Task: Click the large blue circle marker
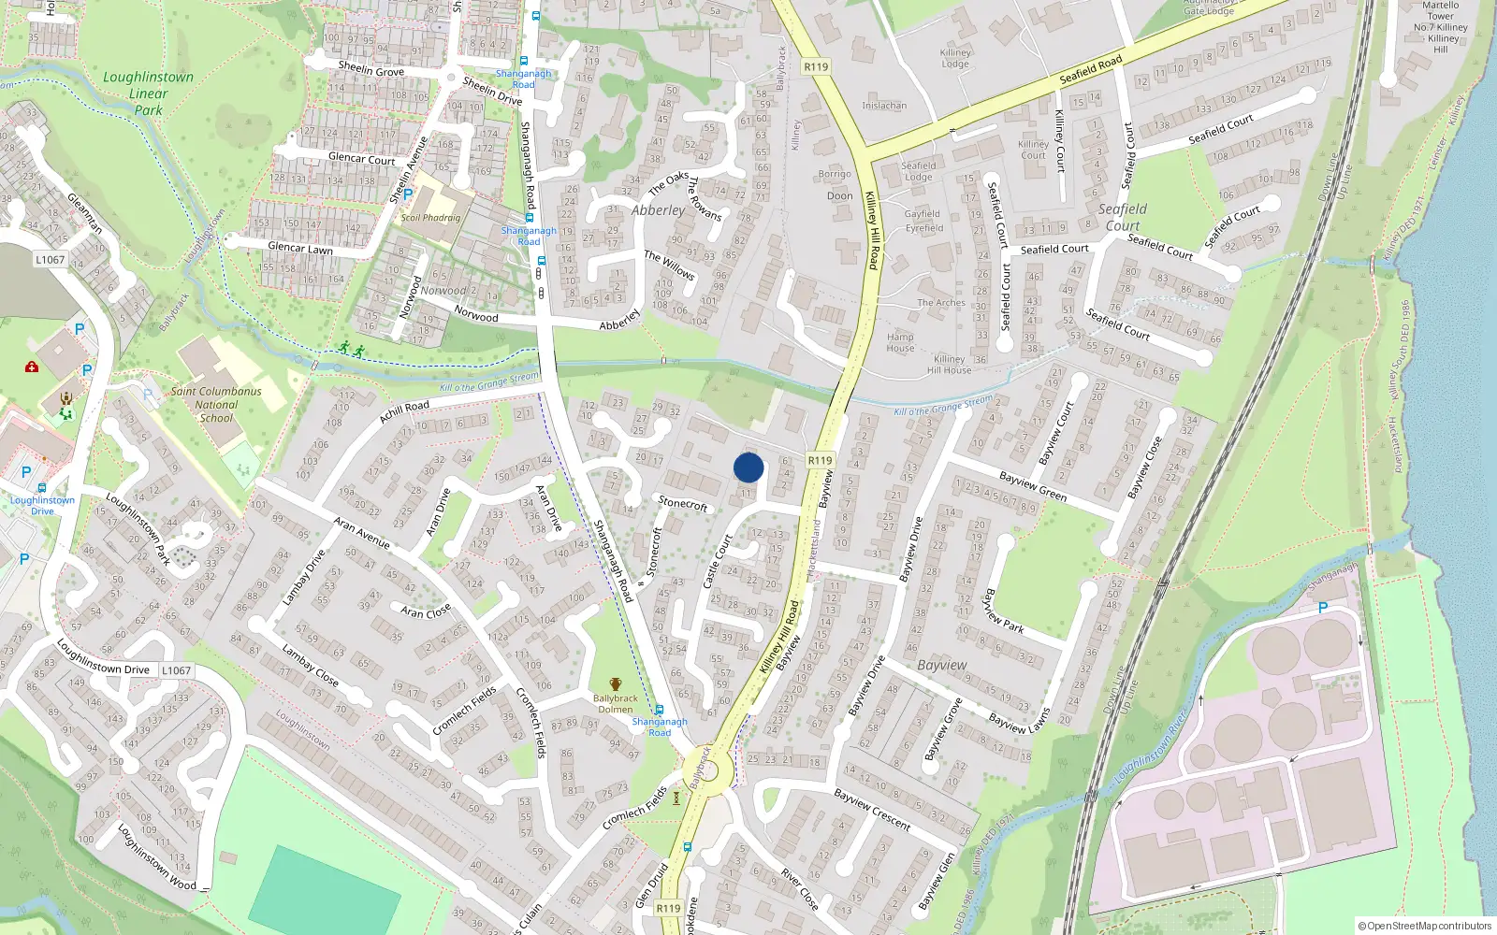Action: (748, 467)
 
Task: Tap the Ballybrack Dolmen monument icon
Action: (615, 685)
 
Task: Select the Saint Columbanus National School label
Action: (216, 405)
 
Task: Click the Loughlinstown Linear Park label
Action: (148, 93)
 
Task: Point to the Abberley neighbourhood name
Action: (658, 210)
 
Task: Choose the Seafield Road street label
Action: (1091, 69)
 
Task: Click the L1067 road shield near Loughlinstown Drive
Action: (176, 670)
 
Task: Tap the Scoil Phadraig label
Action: (430, 218)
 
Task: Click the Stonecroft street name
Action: (683, 503)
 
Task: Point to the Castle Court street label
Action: (717, 561)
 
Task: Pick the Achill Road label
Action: (404, 411)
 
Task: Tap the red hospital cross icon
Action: (32, 367)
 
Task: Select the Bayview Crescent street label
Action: (872, 810)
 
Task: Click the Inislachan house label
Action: (884, 106)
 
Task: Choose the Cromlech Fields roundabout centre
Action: (711, 773)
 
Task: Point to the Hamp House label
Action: (900, 342)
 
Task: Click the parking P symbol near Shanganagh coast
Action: (1323, 608)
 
